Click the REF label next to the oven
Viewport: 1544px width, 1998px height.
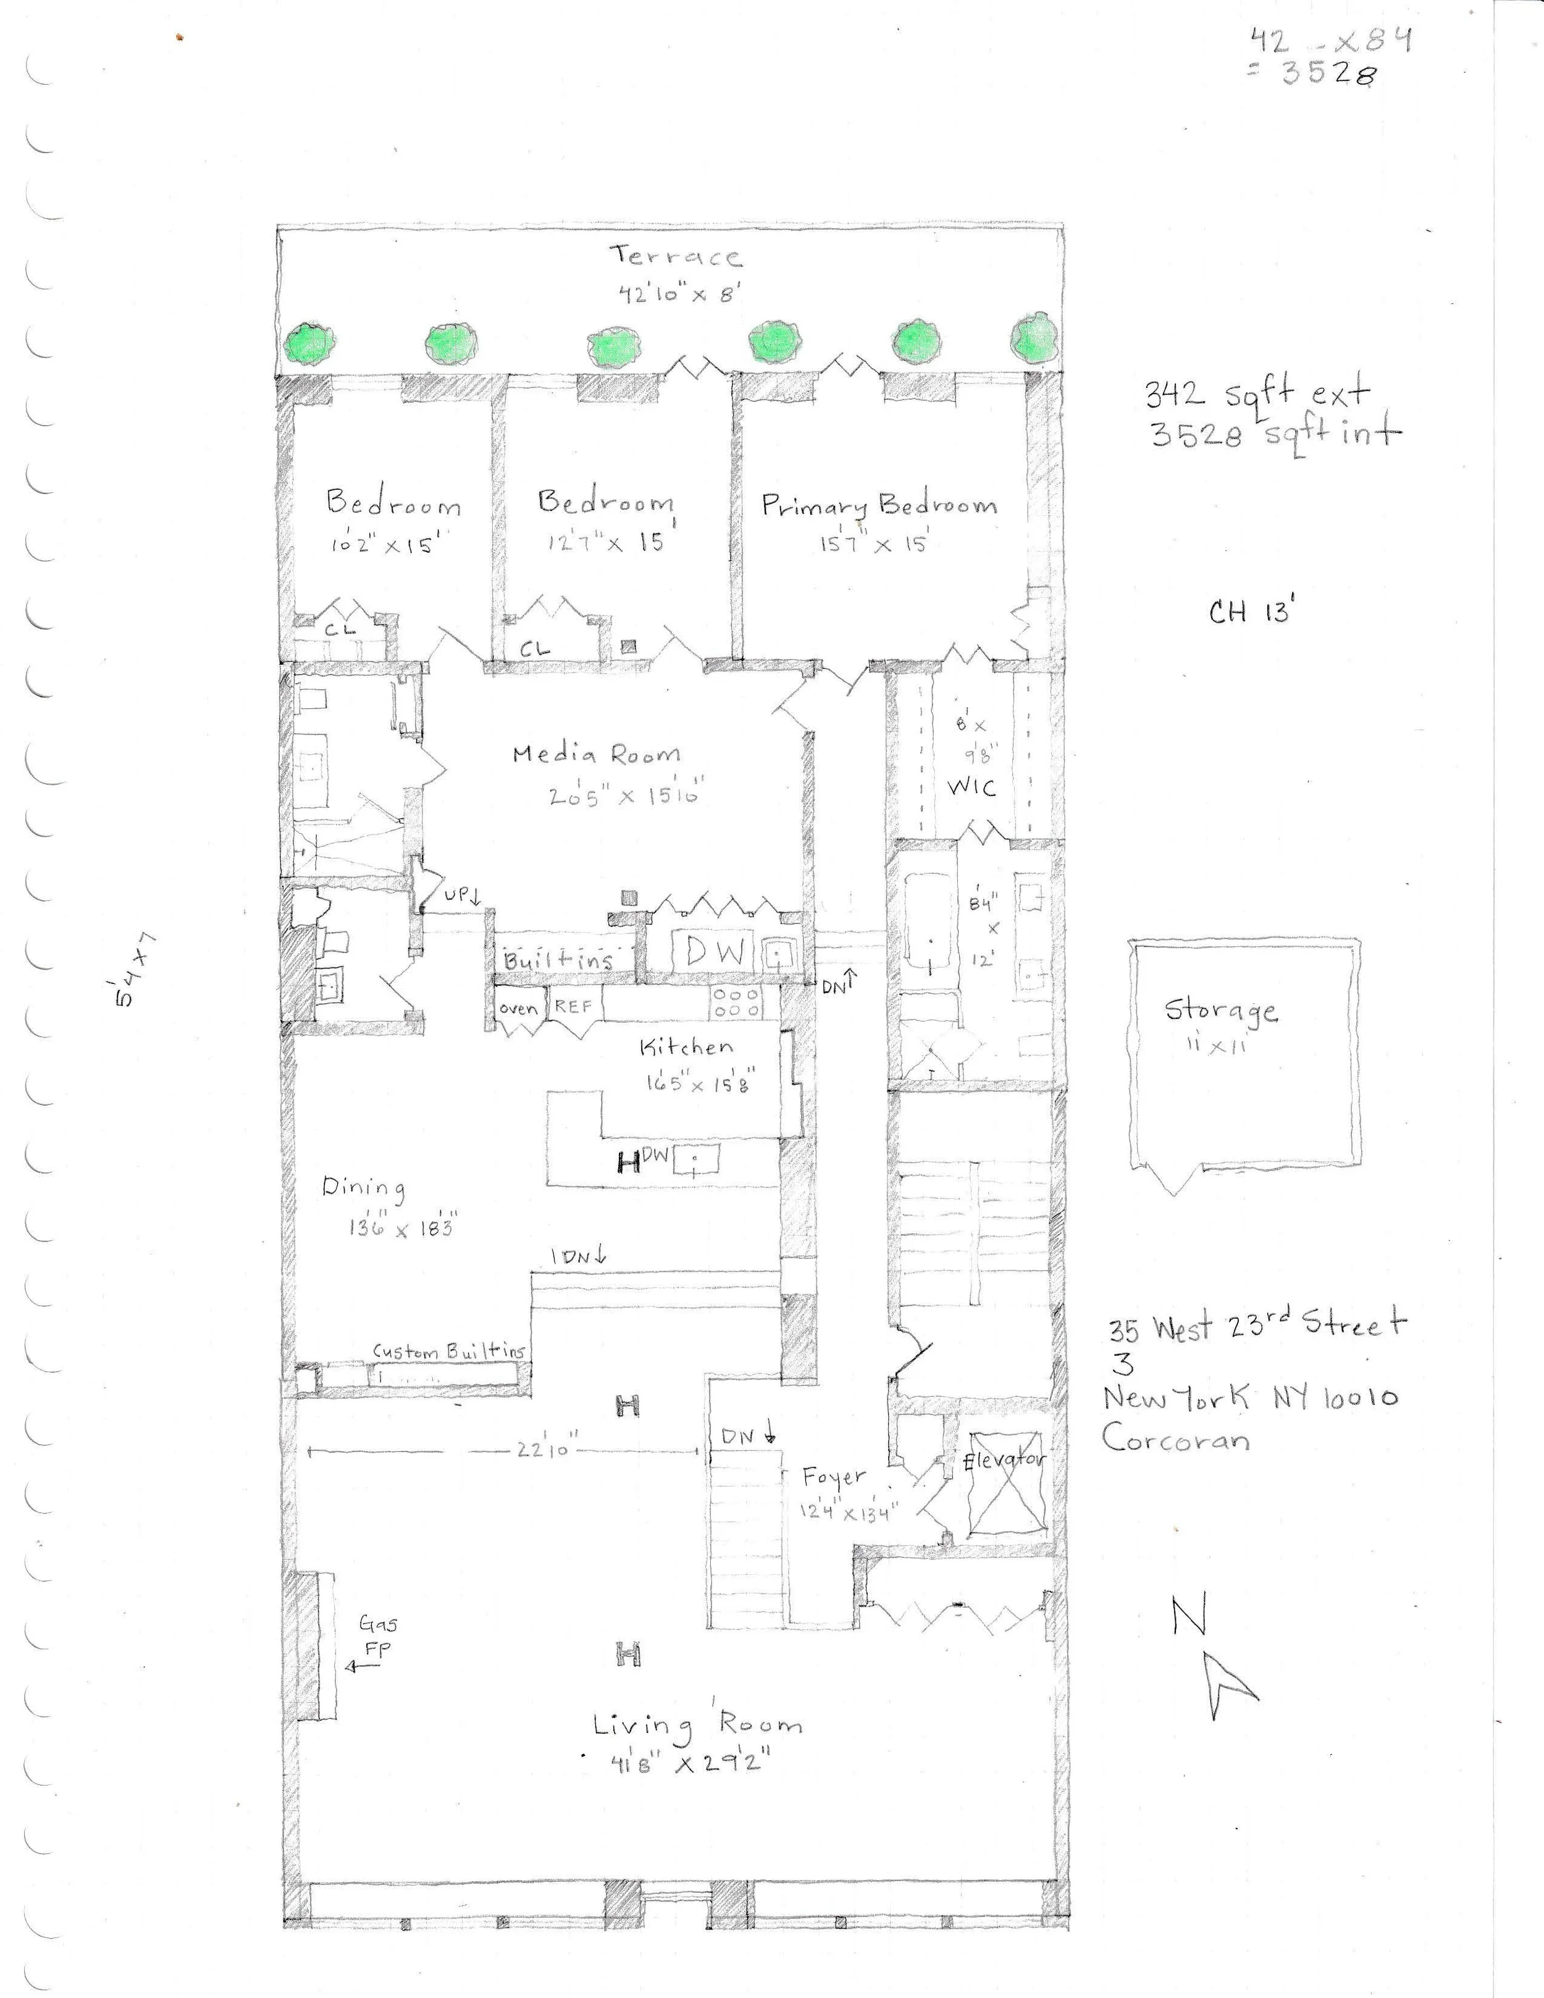[x=574, y=1006]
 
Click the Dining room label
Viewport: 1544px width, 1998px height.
[x=363, y=1188]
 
